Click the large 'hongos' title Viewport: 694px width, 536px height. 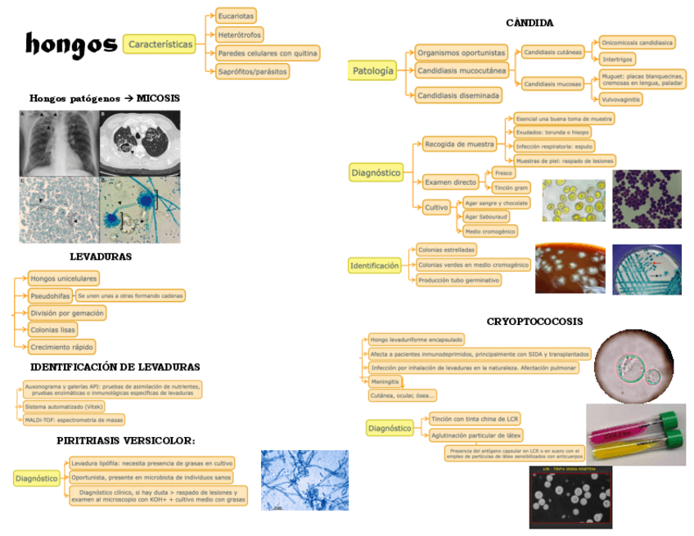(70, 44)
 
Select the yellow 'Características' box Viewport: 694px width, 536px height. (160, 44)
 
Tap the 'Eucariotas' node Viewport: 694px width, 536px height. (236, 16)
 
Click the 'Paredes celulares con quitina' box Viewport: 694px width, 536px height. (267, 53)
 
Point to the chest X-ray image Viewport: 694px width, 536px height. (56, 140)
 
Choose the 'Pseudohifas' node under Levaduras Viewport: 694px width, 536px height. (50, 295)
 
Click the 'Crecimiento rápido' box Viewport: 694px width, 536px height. (61, 347)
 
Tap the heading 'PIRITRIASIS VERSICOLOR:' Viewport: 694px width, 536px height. (126, 441)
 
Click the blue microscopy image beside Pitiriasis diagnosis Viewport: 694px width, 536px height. (304, 480)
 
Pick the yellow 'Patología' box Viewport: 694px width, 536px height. (373, 71)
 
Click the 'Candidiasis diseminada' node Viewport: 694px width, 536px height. (458, 96)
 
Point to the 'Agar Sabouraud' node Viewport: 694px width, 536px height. (486, 217)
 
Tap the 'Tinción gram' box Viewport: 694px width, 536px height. (511, 187)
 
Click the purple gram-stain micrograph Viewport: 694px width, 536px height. (646, 199)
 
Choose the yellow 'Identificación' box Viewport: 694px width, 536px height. (375, 265)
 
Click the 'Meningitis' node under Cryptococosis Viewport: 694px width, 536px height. (385, 381)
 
